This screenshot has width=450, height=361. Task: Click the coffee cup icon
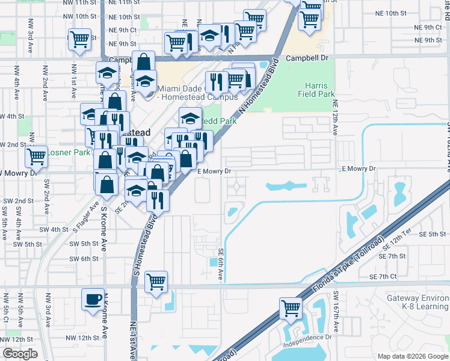click(x=93, y=299)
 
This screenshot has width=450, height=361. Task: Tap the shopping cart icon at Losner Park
click(x=37, y=156)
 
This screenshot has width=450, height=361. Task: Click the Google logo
click(x=20, y=353)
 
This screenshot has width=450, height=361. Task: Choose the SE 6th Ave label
click(x=221, y=264)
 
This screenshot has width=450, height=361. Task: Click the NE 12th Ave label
click(x=334, y=117)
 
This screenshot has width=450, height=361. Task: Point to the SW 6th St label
click(x=84, y=259)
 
